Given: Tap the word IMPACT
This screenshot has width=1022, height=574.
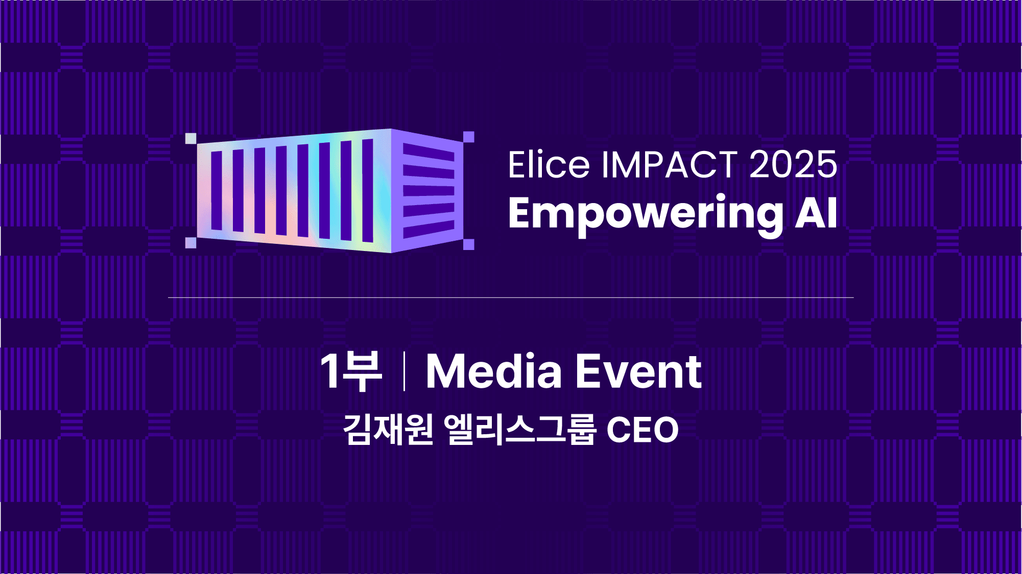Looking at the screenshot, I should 670,165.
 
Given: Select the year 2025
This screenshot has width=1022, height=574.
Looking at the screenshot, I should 793,165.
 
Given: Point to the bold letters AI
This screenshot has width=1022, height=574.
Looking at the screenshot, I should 816,213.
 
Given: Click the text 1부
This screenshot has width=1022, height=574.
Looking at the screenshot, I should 351,371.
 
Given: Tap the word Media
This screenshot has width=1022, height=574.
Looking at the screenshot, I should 493,371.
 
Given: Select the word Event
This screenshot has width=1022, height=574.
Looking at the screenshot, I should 638,371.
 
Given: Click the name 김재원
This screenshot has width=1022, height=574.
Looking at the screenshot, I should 388,430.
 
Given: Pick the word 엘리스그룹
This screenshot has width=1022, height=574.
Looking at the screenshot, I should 519,430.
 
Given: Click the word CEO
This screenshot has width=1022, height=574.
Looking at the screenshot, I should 642,430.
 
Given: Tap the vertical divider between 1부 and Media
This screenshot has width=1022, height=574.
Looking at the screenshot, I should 404,371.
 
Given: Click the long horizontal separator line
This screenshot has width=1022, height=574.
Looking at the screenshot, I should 511,297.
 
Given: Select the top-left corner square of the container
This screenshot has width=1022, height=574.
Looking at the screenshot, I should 191,138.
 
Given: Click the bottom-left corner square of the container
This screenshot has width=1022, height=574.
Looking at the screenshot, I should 191,243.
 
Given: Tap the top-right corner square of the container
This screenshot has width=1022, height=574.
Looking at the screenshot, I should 468,137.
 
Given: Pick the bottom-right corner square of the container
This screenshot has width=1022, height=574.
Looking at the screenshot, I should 468,244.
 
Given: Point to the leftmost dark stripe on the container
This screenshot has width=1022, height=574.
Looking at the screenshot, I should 217,190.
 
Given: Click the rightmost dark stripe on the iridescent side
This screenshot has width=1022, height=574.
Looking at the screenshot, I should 368,190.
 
